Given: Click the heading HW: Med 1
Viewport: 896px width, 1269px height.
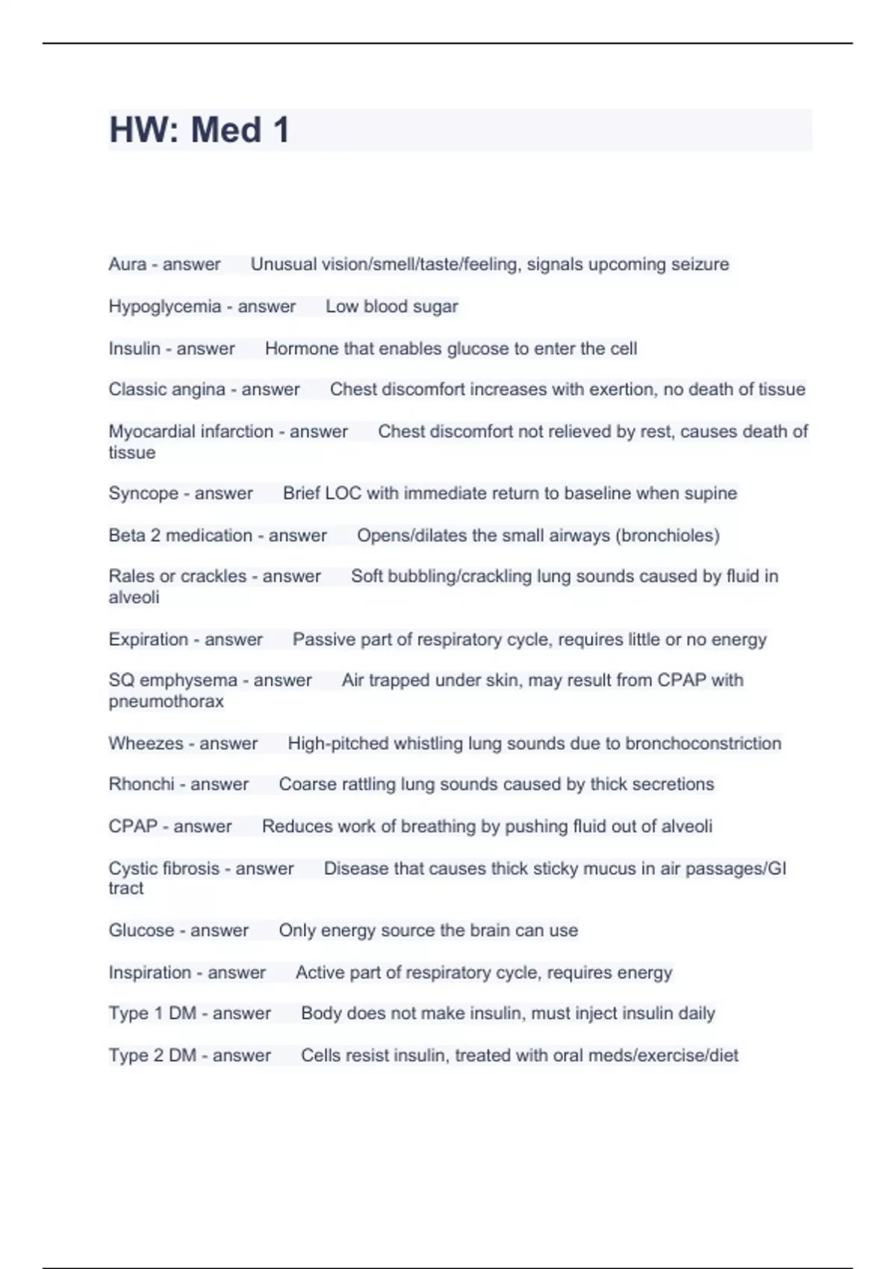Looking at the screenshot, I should click(x=199, y=130).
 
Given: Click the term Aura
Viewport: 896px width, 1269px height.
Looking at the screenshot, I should click(x=127, y=264).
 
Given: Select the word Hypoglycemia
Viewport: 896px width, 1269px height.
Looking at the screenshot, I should click(x=164, y=307).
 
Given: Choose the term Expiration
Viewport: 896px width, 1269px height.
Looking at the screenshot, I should click(x=148, y=640).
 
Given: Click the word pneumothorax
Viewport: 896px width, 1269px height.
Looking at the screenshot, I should click(x=166, y=702).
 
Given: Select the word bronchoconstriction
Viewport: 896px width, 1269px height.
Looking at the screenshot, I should click(x=703, y=743).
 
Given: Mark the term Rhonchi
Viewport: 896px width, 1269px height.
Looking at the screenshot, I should click(x=141, y=785).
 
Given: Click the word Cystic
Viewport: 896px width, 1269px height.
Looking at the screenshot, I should click(x=132, y=868).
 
